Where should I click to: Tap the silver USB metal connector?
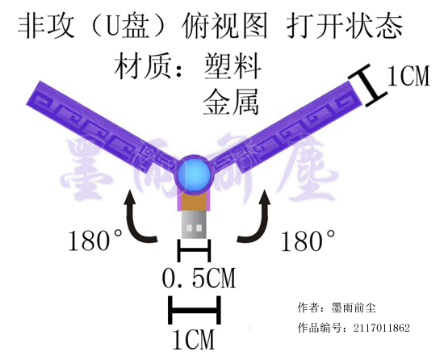click(194, 224)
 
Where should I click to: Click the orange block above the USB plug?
click(194, 201)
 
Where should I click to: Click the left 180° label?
click(95, 241)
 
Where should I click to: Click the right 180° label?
click(308, 241)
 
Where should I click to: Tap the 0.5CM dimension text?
click(199, 278)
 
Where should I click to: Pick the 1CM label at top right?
click(408, 76)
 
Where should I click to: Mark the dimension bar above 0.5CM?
click(194, 251)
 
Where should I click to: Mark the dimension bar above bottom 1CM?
click(195, 310)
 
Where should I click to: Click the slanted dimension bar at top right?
click(367, 86)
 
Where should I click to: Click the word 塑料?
click(232, 66)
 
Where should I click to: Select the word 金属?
click(231, 102)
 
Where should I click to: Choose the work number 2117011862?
click(381, 328)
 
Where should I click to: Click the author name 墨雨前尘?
click(354, 308)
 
